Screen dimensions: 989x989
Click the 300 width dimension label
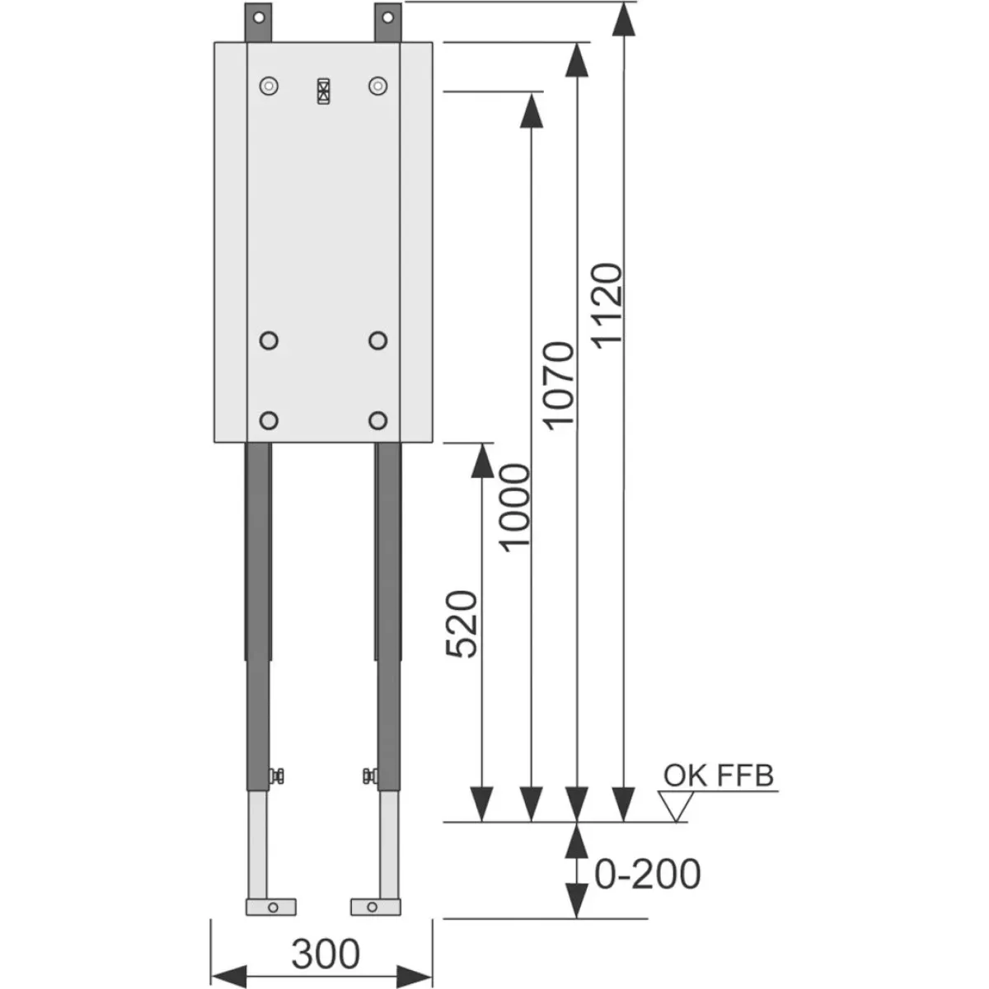[x=326, y=953]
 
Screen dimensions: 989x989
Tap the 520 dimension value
[x=462, y=624]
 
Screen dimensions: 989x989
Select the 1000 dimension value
[x=515, y=508]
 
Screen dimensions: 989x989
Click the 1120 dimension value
[x=607, y=306]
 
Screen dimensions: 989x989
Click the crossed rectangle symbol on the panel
[x=323, y=91]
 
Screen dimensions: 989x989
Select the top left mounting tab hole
[x=259, y=18]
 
